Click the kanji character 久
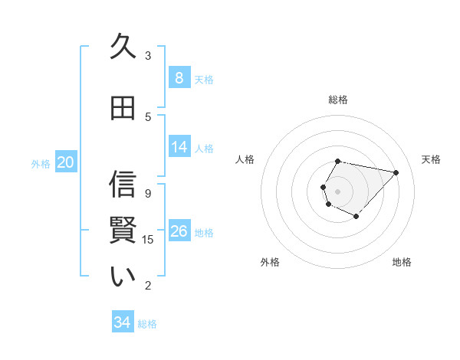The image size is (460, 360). coord(123,47)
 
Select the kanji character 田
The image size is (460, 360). coord(123,108)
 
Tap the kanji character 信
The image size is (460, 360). coord(123,185)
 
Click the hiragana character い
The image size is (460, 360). coord(123,277)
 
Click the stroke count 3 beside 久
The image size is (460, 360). coord(148,55)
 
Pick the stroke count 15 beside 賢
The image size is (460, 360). coord(148,239)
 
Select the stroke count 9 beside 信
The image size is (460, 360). coord(148,193)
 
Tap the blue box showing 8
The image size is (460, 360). coord(179,78)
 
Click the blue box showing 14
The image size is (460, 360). coord(179,147)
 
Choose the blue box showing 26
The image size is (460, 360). coord(179,231)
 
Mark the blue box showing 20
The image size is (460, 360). coord(65,162)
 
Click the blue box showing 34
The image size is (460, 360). coord(122,322)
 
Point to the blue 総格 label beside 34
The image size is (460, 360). coord(147,324)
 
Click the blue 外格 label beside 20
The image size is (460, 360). coord(41,163)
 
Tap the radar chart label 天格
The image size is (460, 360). coord(431,159)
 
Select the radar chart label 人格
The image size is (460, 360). coord(245,159)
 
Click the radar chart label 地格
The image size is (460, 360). coord(402,262)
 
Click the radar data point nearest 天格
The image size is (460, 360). coord(396,172)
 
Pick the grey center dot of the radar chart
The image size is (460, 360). coord(337,191)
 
